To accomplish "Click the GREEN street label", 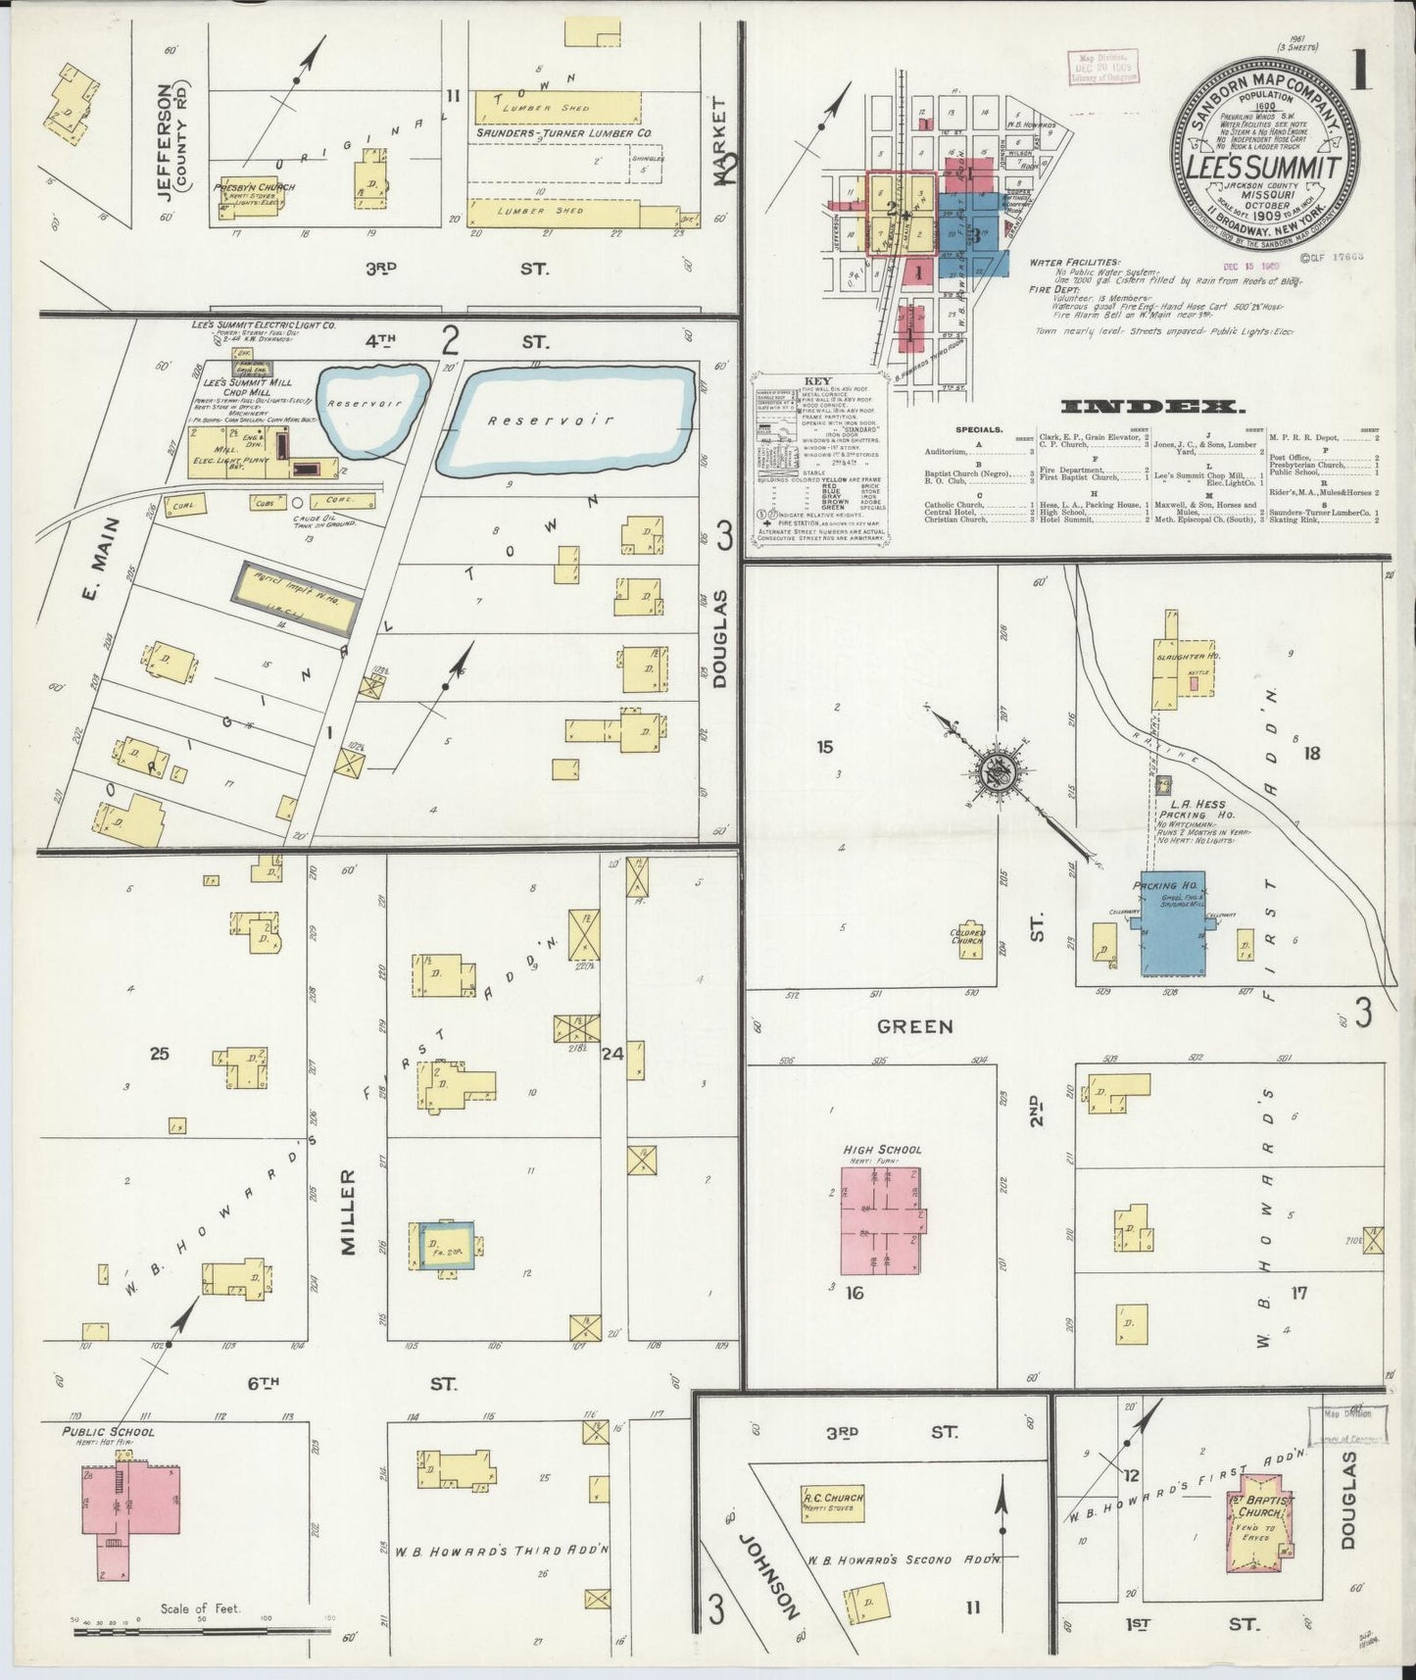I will (x=914, y=1026).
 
